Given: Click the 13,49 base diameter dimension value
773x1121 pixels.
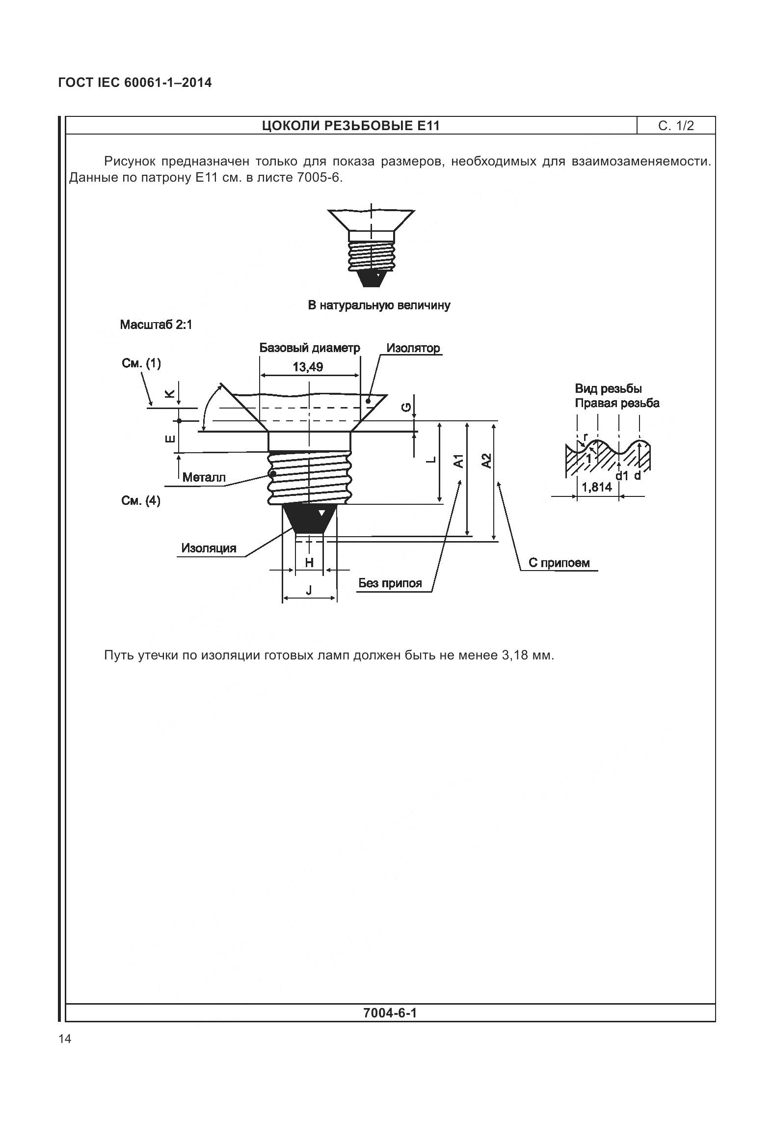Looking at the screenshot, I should pyautogui.click(x=308, y=367).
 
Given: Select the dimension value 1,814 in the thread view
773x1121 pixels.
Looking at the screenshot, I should pyautogui.click(x=596, y=487).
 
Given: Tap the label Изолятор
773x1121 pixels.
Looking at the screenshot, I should pyautogui.click(x=413, y=348).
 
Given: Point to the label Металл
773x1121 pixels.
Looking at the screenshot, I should pyautogui.click(x=204, y=477).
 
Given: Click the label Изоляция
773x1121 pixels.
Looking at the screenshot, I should pyautogui.click(x=209, y=548).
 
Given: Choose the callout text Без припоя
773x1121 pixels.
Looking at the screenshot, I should pyautogui.click(x=390, y=583).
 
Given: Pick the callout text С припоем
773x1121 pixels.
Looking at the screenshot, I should pyautogui.click(x=559, y=563).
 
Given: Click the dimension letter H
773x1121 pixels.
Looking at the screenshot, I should pyautogui.click(x=309, y=563).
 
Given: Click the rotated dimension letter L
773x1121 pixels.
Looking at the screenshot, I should pyautogui.click(x=431, y=460).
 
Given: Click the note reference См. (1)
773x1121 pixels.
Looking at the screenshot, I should pyautogui.click(x=141, y=363).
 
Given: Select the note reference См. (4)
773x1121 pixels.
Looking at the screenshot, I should pyautogui.click(x=140, y=501).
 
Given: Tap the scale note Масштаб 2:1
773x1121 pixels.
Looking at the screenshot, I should pyautogui.click(x=156, y=325).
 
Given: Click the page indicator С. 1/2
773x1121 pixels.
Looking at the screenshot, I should pyautogui.click(x=676, y=126).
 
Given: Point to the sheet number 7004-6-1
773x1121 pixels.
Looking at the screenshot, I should pyautogui.click(x=390, y=1013).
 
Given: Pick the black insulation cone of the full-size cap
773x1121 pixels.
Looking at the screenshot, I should pyautogui.click(x=371, y=278).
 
